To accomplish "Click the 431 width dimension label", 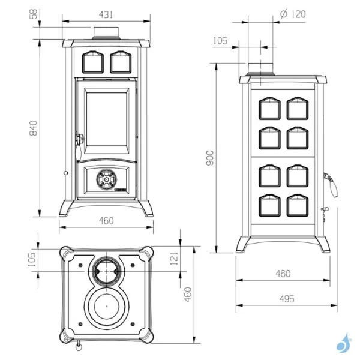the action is pos(106,15).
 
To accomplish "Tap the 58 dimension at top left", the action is pos(34,14).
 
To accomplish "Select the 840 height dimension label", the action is pos(34,128).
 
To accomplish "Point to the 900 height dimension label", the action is pos(210,158).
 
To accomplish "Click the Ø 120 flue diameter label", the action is pos(293,14).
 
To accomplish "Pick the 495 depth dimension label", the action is pos(287,299).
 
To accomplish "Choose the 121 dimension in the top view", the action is pos(175,259).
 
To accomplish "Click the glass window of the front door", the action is pos(107,119).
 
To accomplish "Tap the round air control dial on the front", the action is pos(107,179).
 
